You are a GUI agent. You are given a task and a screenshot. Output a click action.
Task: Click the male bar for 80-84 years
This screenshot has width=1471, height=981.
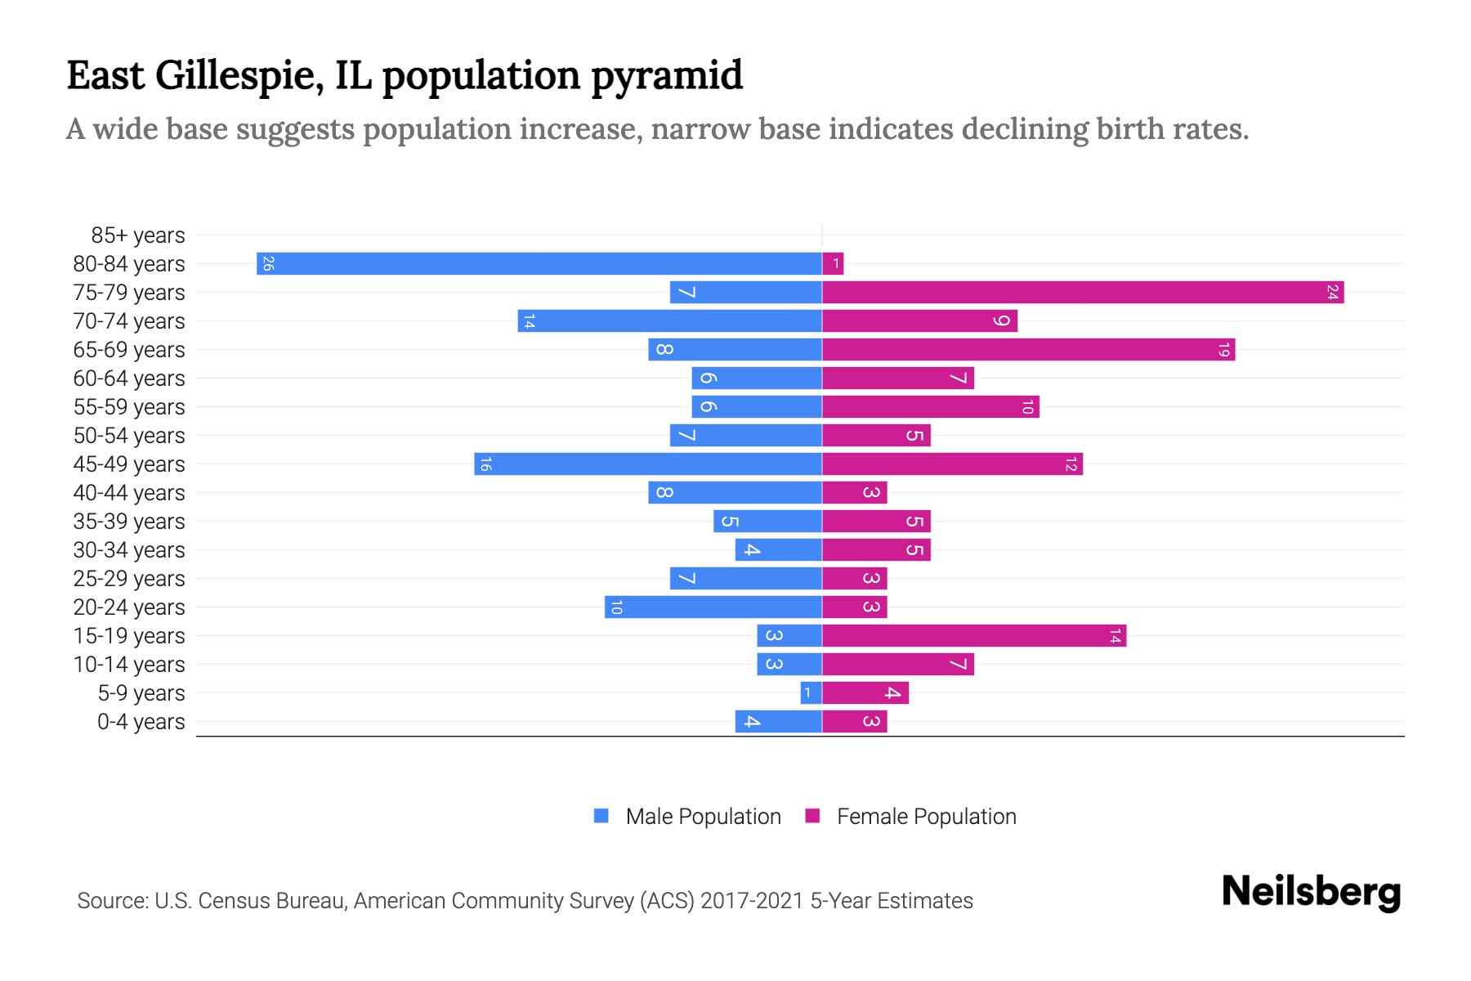539,264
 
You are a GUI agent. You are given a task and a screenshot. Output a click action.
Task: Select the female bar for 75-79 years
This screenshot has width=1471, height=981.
1083,293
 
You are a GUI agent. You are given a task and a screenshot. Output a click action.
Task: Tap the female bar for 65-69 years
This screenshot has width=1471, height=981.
1028,350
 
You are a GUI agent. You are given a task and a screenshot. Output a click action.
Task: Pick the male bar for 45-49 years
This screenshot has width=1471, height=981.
648,464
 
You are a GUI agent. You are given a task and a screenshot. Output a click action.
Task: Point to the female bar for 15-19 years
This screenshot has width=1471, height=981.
974,636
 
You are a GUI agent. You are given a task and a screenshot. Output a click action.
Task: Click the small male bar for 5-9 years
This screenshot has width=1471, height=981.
811,693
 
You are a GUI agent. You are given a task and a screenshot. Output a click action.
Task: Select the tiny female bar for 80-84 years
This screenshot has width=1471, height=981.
833,264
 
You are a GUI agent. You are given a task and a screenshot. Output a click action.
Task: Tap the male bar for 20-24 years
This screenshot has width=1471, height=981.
713,607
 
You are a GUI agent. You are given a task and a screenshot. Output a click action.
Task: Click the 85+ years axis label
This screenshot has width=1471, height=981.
138,235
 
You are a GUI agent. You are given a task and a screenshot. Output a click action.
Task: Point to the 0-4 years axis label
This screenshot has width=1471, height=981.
141,722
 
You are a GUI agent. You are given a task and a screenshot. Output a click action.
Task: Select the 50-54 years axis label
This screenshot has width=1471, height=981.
129,436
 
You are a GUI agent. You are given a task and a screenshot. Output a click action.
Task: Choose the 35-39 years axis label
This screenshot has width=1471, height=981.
129,522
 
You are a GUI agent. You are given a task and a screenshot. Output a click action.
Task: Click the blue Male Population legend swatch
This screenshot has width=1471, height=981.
601,816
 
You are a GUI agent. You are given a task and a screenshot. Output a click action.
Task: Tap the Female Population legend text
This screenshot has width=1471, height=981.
926,817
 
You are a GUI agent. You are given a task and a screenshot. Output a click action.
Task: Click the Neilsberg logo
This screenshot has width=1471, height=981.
1311,892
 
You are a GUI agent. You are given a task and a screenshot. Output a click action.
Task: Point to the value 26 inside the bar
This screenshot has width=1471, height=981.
268,264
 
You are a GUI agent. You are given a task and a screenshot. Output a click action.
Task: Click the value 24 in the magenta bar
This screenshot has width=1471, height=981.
1332,293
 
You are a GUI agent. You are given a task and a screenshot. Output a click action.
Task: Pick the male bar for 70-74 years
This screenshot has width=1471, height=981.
670,321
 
